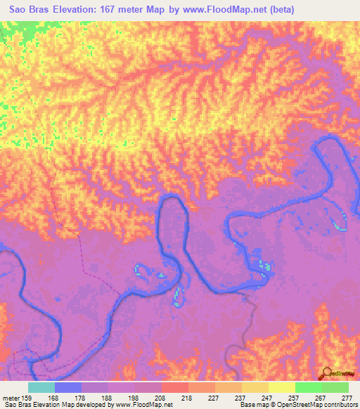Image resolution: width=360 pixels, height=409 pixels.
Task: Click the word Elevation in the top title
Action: tap(80, 10)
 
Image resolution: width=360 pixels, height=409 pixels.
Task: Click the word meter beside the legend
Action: tap(11, 398)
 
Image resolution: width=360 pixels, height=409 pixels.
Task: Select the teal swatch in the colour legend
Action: tap(41, 387)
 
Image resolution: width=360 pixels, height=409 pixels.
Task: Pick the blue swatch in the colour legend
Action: tap(68, 387)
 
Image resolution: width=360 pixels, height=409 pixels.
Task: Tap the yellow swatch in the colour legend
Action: tap(282, 387)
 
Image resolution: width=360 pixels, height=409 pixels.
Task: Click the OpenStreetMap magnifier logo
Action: tap(326, 374)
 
